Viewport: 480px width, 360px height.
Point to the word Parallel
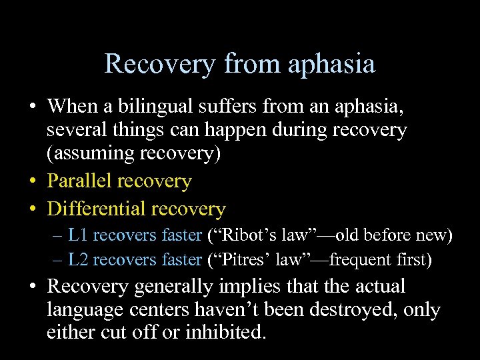[79, 181]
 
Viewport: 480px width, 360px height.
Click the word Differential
[97, 209]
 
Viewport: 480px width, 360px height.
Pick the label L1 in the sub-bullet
[77, 235]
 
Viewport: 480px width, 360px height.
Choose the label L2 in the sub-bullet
[77, 259]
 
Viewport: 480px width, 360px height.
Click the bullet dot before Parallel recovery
[33, 181]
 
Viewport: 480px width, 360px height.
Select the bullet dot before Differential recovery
[33, 209]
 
